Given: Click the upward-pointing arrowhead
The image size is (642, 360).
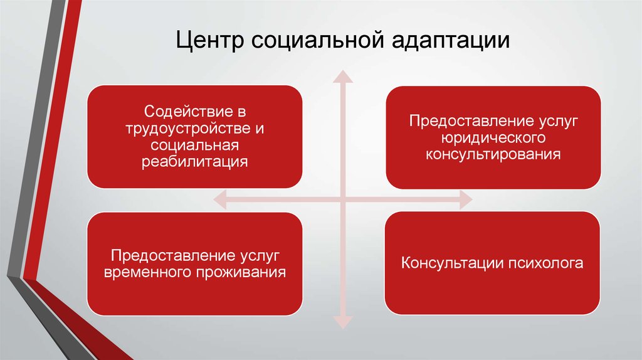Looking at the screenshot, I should click(342, 77).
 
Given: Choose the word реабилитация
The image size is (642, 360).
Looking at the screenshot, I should click(194, 161).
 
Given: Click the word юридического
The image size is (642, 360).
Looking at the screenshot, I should click(493, 137).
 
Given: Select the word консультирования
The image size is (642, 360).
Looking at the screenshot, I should click(493, 153).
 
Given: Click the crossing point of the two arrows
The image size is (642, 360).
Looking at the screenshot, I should click(342, 201).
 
